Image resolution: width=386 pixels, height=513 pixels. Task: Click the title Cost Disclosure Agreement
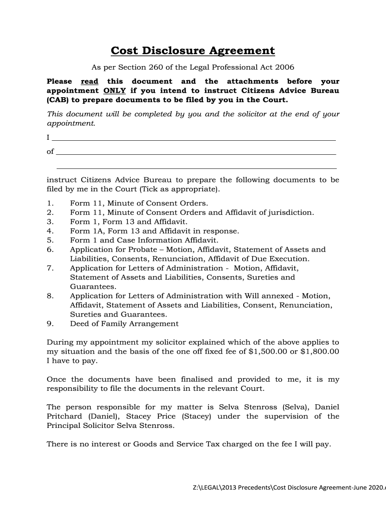tap(192, 51)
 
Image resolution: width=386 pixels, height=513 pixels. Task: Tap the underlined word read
tap(89, 81)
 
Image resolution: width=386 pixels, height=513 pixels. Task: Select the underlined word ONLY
tap(114, 91)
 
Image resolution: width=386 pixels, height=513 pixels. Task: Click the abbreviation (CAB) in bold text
tap(58, 100)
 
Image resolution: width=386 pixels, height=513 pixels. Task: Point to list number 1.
tap(50, 203)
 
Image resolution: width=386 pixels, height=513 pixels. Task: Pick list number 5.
tap(50, 240)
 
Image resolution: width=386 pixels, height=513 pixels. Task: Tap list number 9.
tap(50, 324)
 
